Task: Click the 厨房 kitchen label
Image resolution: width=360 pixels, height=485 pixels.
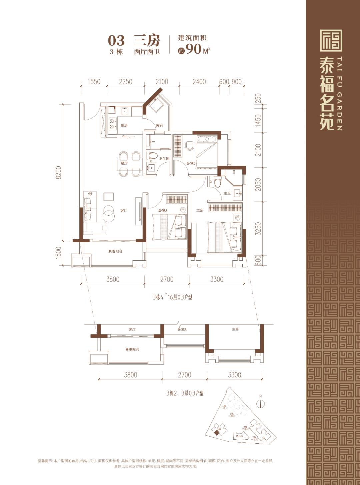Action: click(124, 126)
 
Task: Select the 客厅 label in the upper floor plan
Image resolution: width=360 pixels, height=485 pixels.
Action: click(124, 211)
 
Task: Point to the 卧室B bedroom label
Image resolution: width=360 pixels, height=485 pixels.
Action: click(191, 163)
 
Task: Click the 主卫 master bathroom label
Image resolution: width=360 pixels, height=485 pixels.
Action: click(227, 193)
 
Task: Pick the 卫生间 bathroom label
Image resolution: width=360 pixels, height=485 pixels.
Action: click(164, 159)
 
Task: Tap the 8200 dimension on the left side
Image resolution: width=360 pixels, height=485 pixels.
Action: click(59, 172)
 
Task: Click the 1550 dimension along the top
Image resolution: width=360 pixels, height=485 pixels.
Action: click(94, 82)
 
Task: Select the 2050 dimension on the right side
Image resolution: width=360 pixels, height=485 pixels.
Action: click(258, 184)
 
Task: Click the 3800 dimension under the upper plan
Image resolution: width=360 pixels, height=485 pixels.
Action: click(113, 279)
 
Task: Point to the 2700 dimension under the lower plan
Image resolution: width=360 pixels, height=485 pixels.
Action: click(184, 375)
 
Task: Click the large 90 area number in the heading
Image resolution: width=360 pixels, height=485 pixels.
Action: click(194, 49)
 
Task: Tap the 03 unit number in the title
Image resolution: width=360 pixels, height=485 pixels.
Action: click(116, 41)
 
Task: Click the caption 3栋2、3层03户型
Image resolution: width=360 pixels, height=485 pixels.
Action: click(185, 393)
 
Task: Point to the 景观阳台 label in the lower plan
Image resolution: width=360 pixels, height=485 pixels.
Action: click(132, 350)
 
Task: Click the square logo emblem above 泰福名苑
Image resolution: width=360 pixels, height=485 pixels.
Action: click(331, 40)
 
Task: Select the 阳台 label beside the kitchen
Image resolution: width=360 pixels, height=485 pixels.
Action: click(160, 126)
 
